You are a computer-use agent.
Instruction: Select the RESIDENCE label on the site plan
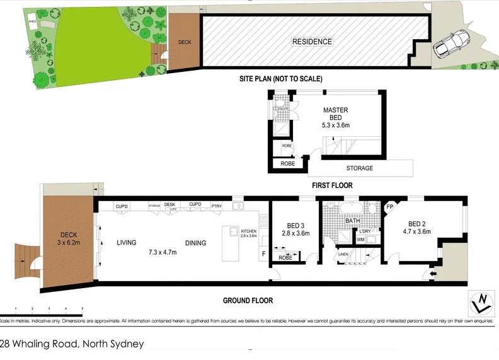(x=312, y=42)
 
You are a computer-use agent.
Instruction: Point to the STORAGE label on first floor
(x=360, y=168)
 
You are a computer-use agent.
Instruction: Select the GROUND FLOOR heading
(x=248, y=301)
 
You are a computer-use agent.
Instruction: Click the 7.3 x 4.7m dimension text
(x=164, y=252)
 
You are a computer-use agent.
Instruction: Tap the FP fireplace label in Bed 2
(x=390, y=207)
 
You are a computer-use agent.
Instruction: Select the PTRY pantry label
(x=216, y=205)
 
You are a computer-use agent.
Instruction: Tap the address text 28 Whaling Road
(x=72, y=344)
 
